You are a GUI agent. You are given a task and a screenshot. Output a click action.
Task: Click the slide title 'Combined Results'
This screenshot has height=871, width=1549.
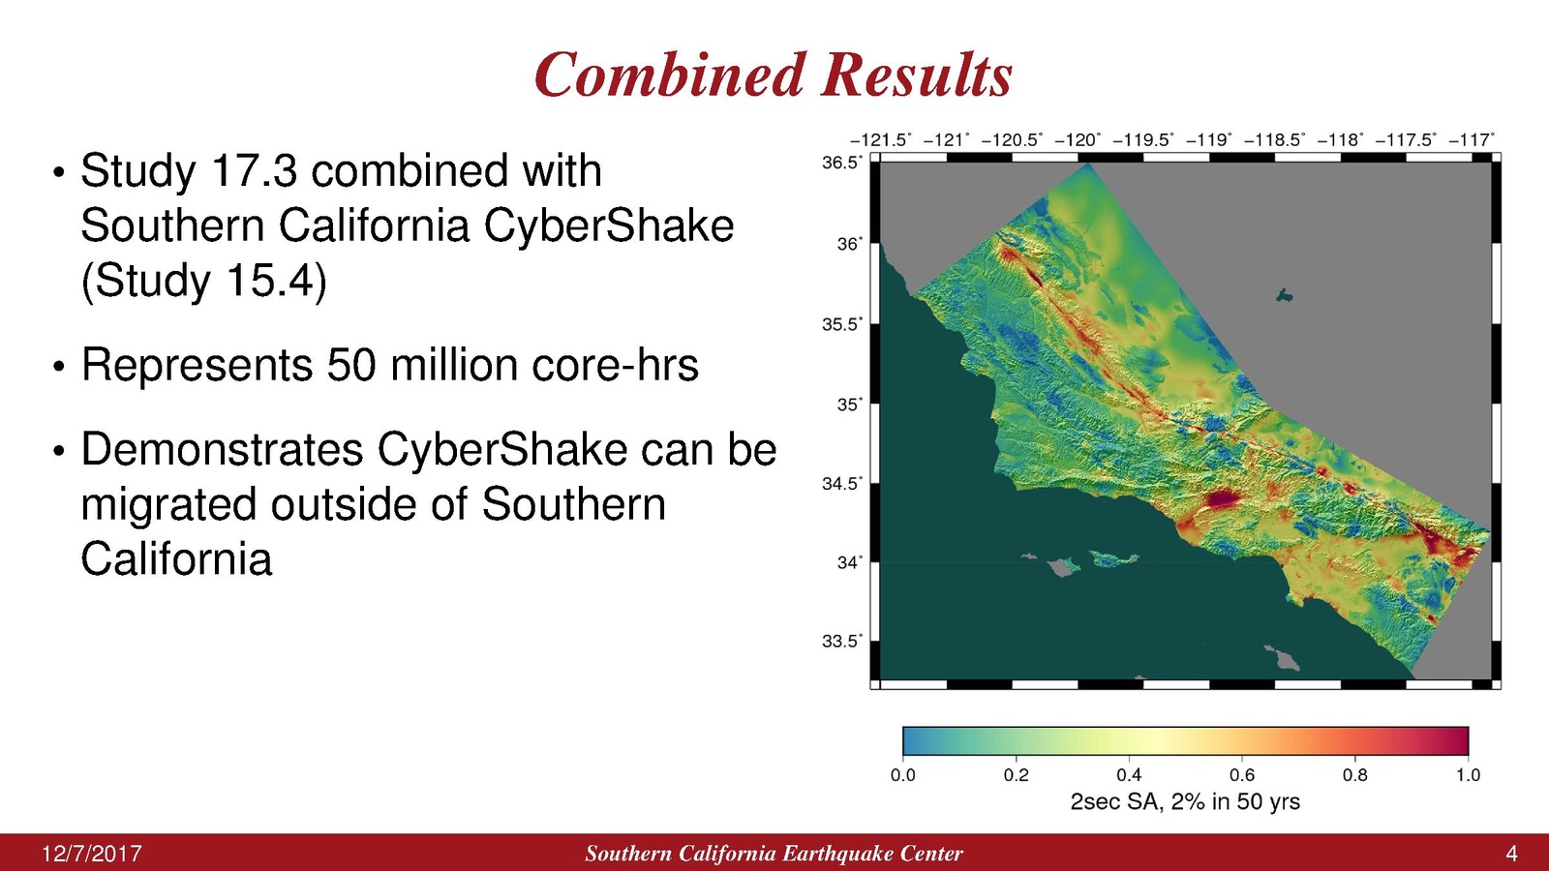coord(774,74)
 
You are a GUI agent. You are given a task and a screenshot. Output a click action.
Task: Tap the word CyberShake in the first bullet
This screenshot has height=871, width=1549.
coord(609,225)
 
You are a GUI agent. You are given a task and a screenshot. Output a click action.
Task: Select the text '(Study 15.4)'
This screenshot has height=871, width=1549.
coord(204,281)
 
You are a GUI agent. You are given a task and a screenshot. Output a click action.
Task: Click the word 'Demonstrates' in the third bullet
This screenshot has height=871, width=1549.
coord(222,449)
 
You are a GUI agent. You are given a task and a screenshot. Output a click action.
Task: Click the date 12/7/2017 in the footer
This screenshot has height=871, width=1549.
coord(92,854)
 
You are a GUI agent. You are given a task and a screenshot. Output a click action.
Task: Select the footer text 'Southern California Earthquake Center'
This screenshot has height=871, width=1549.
coord(774,854)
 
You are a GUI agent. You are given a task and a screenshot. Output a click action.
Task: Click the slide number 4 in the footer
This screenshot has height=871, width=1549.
coord(1511,854)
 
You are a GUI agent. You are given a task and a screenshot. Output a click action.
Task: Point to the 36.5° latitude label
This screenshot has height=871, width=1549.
coord(841,164)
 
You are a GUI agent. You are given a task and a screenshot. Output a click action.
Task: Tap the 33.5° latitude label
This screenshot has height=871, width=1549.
coord(841,642)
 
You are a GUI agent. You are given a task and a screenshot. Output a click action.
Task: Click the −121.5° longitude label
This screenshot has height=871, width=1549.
coord(880,140)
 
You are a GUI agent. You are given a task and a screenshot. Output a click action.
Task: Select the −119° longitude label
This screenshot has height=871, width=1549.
coord(1209,140)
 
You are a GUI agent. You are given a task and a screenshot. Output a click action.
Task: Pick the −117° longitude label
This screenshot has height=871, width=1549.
coord(1471,140)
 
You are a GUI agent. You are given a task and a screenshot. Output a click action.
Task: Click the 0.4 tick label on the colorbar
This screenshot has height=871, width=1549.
coord(1129,775)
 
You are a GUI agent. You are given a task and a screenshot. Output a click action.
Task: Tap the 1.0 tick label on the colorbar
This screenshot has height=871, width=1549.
coord(1468,775)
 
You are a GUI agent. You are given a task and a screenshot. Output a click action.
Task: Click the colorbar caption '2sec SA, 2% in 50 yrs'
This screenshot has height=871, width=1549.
coord(1185,802)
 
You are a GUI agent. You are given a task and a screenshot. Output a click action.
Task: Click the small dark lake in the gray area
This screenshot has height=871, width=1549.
coord(1284,296)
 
